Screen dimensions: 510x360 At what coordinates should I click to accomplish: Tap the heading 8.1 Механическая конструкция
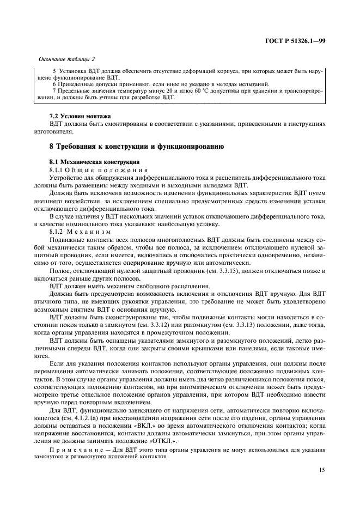click(x=95, y=162)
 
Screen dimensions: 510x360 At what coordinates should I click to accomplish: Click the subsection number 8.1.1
click(x=57, y=169)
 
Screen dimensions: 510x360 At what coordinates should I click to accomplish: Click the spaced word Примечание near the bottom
click(x=72, y=451)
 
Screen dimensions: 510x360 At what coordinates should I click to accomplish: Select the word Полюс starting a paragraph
click(x=59, y=271)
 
